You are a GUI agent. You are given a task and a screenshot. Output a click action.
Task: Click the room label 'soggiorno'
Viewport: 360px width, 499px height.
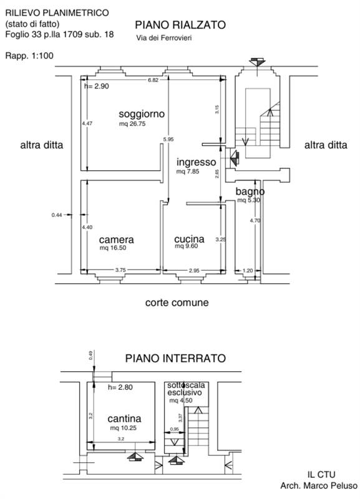[142, 114]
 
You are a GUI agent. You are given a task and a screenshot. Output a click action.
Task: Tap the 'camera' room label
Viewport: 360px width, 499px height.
[116, 240]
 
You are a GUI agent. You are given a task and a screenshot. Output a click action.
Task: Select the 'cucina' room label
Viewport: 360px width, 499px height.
[189, 239]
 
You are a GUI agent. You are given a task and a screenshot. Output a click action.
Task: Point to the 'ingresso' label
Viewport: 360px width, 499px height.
[196, 162]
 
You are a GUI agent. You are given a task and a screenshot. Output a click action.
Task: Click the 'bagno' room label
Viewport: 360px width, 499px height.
[250, 191]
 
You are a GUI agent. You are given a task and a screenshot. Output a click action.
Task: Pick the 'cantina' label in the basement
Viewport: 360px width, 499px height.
[124, 419]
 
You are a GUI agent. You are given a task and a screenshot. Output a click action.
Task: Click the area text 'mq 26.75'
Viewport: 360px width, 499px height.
[132, 124]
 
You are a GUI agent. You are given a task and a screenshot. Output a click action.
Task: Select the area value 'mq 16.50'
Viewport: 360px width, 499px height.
[113, 248]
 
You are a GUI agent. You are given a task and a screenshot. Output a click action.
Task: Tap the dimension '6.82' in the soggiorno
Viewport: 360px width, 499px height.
[153, 80]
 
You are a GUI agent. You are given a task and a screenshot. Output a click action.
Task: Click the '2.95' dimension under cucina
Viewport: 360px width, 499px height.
[194, 270]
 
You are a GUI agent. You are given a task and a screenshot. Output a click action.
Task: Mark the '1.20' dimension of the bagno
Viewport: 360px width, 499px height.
[247, 270]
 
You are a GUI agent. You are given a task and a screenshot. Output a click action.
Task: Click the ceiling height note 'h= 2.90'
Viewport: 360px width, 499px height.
[97, 87]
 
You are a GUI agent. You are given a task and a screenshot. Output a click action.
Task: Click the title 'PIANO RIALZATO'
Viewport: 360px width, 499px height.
[180, 25]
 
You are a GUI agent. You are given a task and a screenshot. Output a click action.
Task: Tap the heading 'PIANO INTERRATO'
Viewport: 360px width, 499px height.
[175, 359]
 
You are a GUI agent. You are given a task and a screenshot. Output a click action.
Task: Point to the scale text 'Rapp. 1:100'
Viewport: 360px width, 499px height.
[29, 56]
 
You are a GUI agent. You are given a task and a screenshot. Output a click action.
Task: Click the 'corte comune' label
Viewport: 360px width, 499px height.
[177, 303]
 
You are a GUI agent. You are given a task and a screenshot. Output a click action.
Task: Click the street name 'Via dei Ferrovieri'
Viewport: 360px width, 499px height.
[164, 39]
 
